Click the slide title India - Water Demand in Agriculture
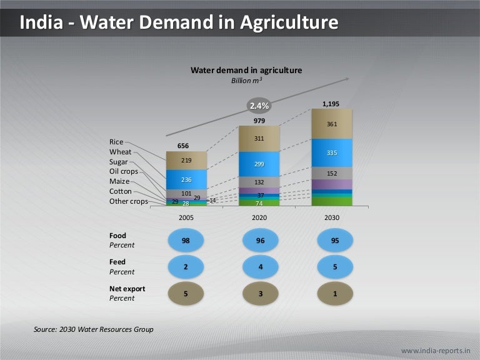click(179, 23)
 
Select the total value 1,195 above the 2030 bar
click(331, 104)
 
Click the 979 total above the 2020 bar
click(259, 120)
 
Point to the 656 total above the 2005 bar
click(183, 146)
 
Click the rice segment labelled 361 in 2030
click(332, 124)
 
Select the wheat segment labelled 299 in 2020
click(259, 164)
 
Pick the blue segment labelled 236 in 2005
click(186, 179)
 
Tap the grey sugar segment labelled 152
click(332, 173)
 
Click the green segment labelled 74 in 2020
click(259, 202)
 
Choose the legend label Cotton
click(120, 191)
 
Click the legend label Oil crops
click(123, 171)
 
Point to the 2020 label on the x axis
click(259, 217)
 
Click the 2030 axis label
click(332, 217)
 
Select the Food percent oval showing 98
click(186, 241)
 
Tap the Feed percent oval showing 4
click(259, 267)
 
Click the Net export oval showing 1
click(334, 293)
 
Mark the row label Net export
click(127, 289)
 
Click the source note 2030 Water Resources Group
click(94, 329)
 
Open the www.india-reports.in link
click(435, 349)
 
